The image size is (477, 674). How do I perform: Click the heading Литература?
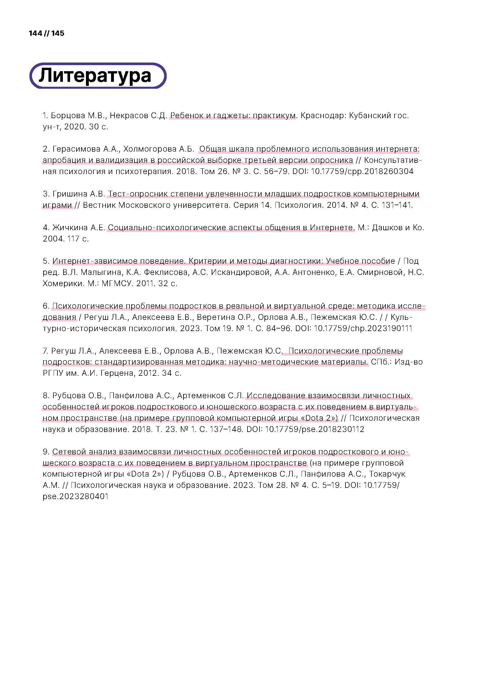[95, 75]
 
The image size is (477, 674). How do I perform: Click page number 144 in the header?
[35, 33]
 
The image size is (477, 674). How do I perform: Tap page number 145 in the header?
[58, 33]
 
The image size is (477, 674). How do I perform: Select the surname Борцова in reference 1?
[68, 116]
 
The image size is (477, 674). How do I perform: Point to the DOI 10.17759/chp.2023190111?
[363, 328]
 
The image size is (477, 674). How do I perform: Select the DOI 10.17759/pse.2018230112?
[315, 429]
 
